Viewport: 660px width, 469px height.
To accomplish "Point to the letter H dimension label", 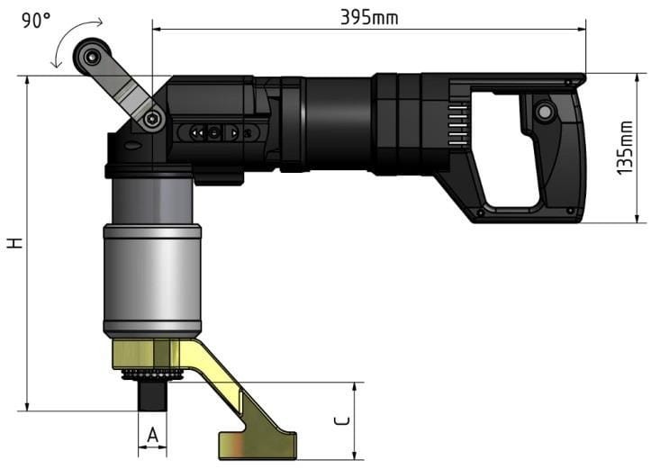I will (x=14, y=243).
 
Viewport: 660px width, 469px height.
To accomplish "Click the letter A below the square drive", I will (x=152, y=436).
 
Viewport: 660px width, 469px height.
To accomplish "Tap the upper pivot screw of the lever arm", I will (x=92, y=57).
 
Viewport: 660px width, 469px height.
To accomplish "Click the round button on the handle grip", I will (x=543, y=113).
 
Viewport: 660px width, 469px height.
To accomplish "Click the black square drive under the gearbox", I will (x=152, y=395).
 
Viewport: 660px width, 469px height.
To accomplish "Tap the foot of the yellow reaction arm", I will (x=257, y=444).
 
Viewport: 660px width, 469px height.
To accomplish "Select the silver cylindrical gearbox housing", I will (x=151, y=278).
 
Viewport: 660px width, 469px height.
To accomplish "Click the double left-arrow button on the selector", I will (x=195, y=132).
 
